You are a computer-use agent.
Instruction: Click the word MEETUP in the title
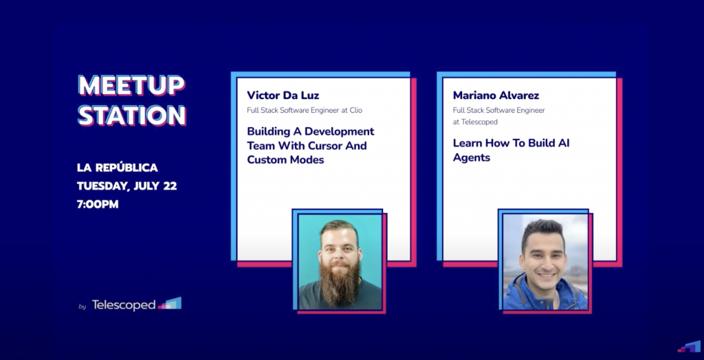[131, 85]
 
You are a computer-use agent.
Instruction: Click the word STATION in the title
[132, 115]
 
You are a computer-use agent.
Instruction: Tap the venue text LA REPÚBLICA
[117, 168]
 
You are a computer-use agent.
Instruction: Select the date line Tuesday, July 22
[126, 185]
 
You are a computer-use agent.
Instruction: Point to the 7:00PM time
[98, 204]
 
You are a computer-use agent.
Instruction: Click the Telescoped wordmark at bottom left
[124, 305]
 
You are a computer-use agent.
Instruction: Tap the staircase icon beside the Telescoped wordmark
[170, 304]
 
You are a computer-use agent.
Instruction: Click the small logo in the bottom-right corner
[689, 347]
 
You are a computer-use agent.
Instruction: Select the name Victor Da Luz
[283, 95]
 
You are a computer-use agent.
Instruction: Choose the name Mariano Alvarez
[496, 95]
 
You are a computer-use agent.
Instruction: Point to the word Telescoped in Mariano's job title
[479, 122]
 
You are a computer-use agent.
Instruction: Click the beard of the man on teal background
[340, 280]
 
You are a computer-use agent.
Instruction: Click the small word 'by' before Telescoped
[82, 307]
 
